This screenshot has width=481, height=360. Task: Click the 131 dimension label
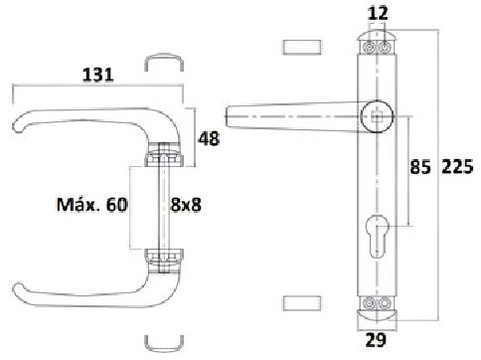(97, 75)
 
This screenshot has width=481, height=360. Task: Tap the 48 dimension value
(209, 138)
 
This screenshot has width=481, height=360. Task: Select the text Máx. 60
(91, 205)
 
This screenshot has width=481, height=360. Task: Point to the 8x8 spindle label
(186, 205)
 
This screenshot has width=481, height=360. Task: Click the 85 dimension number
(420, 167)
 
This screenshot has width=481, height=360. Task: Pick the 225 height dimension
(457, 167)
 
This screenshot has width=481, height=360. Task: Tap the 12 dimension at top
(378, 13)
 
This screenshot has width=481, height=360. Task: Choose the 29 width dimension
(376, 340)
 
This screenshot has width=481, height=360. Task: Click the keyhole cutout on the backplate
(377, 236)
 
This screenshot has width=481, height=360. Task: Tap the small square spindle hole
(377, 117)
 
